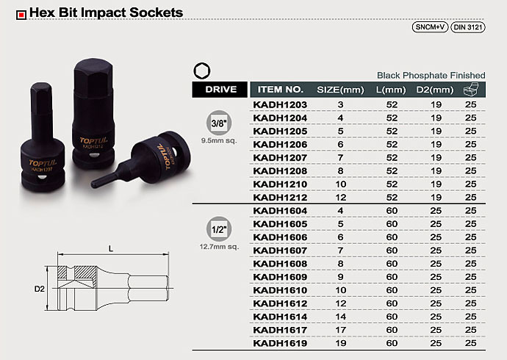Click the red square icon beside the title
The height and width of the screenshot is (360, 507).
click(21, 15)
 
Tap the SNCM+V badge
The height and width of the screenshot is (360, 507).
click(430, 27)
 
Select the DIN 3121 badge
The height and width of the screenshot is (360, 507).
click(468, 27)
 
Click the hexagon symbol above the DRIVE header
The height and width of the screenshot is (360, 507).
click(202, 71)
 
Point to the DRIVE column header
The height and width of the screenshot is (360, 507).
click(220, 90)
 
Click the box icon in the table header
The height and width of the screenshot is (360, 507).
click(470, 89)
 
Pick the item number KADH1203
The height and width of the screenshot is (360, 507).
click(280, 105)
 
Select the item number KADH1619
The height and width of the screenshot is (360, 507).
click(280, 343)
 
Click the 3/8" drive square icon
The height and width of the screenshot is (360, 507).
click(219, 123)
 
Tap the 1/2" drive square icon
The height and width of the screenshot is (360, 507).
click(219, 229)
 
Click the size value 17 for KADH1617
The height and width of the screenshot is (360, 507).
click(340, 330)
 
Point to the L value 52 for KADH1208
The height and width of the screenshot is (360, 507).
click(392, 171)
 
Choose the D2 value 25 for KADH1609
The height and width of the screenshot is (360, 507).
click(436, 277)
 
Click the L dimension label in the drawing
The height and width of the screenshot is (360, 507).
click(111, 248)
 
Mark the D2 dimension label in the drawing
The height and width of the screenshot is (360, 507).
click(40, 289)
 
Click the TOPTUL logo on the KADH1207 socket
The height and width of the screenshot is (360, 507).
click(43, 162)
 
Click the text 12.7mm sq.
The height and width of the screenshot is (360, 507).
click(219, 247)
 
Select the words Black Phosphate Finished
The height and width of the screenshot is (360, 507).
click(431, 75)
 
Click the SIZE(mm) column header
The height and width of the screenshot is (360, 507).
click(340, 90)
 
